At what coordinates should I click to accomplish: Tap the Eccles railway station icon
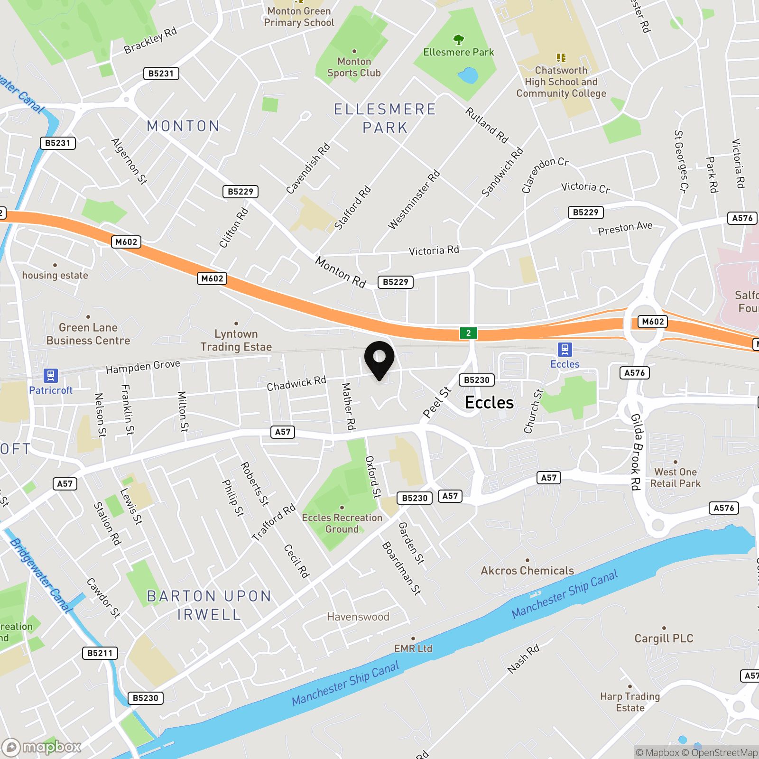tap(565, 350)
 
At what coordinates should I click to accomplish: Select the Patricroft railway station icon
tap(51, 376)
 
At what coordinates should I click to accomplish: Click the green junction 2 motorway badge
tap(468, 333)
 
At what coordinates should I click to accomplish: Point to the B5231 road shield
tap(161, 74)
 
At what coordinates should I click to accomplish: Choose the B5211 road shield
tap(100, 653)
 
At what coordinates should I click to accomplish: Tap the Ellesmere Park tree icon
tap(458, 39)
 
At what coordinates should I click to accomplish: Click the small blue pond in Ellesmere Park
tap(468, 75)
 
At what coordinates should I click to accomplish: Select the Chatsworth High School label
tap(561, 82)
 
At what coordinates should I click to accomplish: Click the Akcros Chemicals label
tap(527, 571)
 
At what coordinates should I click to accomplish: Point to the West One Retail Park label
tap(675, 478)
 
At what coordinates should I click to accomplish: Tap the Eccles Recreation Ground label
tap(342, 523)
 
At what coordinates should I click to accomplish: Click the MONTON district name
tap(183, 126)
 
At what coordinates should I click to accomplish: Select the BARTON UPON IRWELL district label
tap(209, 605)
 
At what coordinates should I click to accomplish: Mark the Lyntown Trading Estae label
tap(236, 340)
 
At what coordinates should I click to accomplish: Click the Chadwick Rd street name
tap(296, 383)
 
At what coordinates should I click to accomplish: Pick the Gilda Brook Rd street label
tap(636, 452)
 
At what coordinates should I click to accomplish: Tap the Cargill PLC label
tap(664, 639)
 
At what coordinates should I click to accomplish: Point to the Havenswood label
tap(358, 617)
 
